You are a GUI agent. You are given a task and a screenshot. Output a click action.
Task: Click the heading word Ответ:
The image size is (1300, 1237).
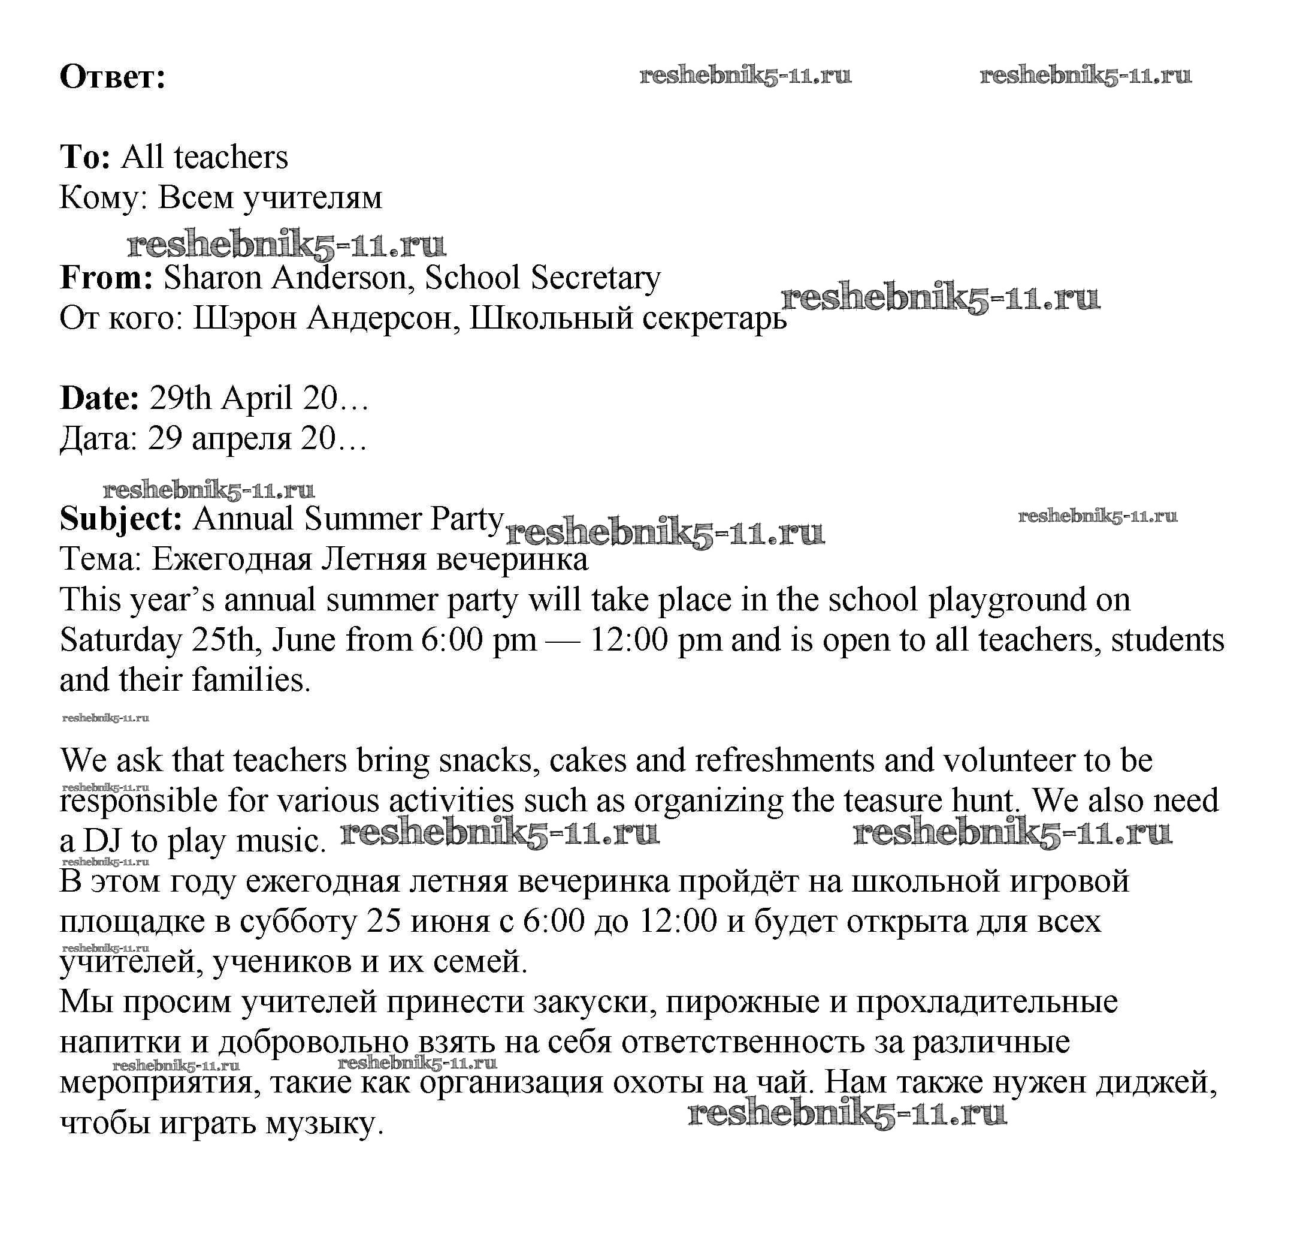112,77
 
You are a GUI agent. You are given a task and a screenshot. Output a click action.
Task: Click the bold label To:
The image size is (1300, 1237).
84,157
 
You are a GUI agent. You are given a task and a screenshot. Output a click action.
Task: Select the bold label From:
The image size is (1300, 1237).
106,278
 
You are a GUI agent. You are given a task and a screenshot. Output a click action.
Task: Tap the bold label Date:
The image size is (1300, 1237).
99,398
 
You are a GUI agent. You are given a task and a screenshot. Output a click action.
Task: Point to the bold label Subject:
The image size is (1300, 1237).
120,519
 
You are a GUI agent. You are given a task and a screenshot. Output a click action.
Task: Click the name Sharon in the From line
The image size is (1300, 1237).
212,278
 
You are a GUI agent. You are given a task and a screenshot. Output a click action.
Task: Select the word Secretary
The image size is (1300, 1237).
595,278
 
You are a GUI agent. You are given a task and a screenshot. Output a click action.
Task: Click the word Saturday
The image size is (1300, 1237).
120,640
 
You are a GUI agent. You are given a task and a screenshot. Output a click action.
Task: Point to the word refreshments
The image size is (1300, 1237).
784,760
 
